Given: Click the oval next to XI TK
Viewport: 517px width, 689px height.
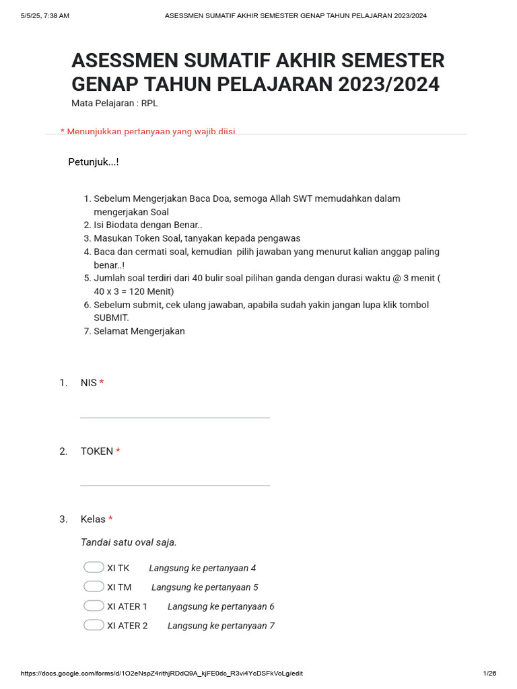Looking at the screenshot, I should coord(94,567).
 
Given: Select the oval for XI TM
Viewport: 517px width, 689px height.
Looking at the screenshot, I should coord(94,587).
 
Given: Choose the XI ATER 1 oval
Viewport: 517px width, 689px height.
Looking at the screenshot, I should coord(94,606).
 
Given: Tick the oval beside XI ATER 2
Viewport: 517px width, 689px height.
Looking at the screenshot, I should coord(94,625).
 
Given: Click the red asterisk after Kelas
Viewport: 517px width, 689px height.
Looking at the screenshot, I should coord(110,519).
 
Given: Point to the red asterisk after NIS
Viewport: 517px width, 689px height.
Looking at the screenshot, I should coord(102,382).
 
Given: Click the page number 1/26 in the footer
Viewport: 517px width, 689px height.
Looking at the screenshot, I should coord(489,674).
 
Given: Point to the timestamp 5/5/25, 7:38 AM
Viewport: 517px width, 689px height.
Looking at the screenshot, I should coord(45,15).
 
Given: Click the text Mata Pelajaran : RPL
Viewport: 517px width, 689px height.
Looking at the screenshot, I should coord(114,104).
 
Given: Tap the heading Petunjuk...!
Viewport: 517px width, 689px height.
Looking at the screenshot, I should coord(94,162).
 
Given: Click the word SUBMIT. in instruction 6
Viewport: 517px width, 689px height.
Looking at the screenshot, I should coord(111,318).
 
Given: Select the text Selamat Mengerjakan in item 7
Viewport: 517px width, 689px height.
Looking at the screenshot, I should coord(139,331).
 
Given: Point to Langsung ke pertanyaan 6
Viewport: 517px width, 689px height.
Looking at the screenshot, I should coord(221,606).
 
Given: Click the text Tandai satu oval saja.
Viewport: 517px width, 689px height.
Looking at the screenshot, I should coord(129,542).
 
